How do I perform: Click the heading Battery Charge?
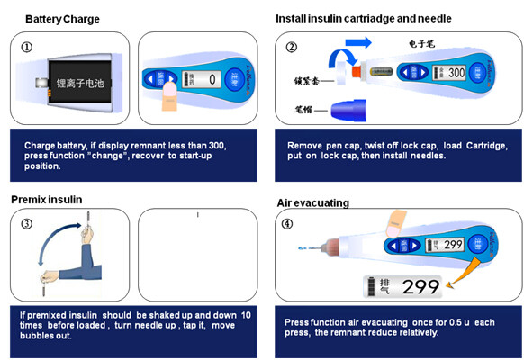pyautogui.click(x=62, y=19)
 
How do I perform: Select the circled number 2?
pyautogui.click(x=291, y=48)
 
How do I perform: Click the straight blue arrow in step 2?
pyautogui.click(x=358, y=41)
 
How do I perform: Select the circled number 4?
pyautogui.click(x=287, y=224)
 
